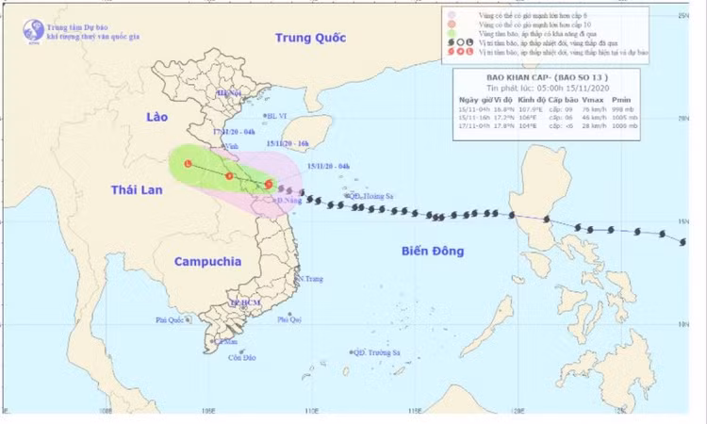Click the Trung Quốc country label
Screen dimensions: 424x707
coord(312,38)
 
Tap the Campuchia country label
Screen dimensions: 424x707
coord(207,261)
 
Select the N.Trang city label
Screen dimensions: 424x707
coord(310,279)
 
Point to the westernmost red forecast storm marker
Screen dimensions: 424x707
coord(189,165)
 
